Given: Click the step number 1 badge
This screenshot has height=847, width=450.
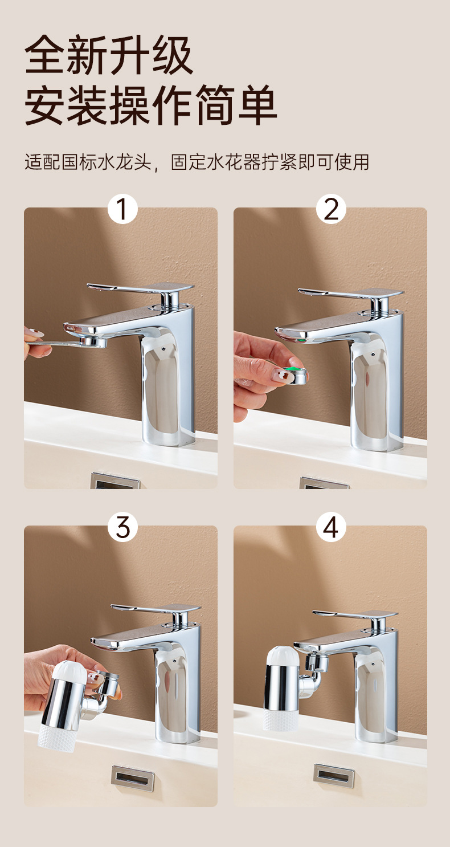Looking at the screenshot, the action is click(122, 209).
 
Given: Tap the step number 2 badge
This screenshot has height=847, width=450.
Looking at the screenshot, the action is click(331, 209).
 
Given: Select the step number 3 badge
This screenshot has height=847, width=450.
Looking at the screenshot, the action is click(122, 527).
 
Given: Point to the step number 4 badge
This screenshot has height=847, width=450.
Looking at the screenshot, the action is click(331, 527).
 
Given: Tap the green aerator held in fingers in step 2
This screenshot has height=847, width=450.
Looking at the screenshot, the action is click(296, 376).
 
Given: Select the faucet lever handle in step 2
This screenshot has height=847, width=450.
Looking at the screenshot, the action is click(351, 292).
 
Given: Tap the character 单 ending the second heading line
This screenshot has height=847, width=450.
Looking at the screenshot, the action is click(257, 105).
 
